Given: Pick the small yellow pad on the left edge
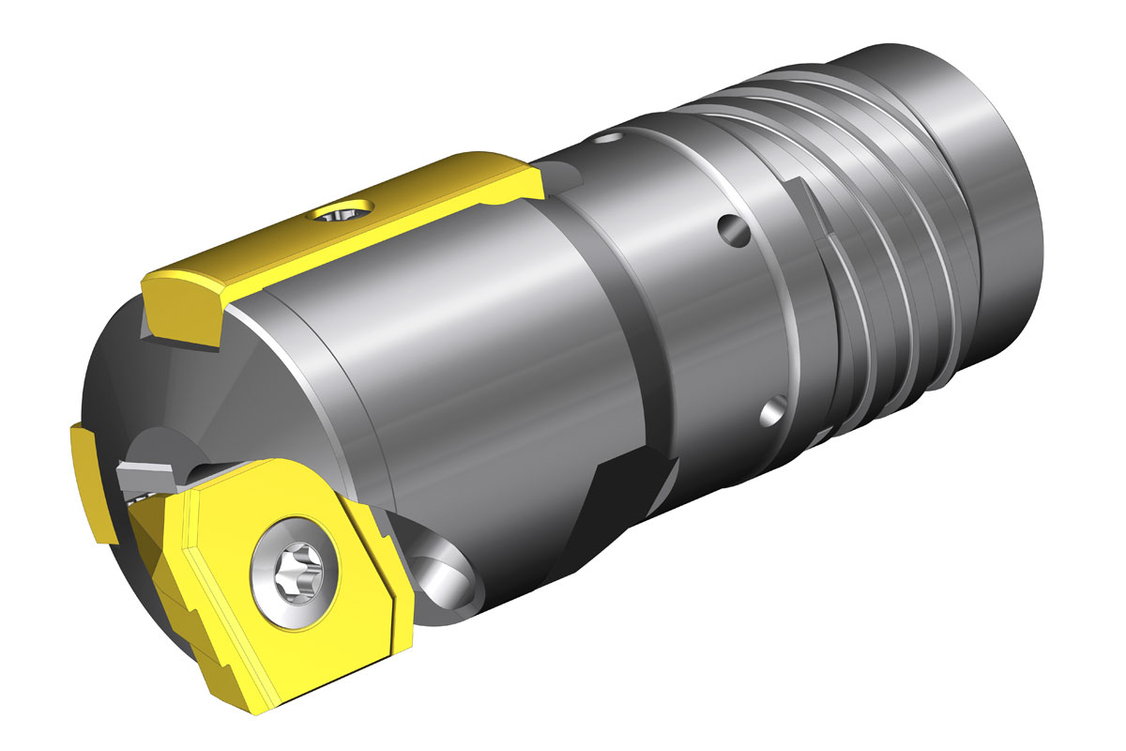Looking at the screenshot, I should click(x=89, y=479).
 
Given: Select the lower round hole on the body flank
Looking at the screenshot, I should click(x=775, y=410).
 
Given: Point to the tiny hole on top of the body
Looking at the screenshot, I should click(x=609, y=141).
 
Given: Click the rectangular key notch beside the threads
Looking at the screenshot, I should click(x=814, y=212).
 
